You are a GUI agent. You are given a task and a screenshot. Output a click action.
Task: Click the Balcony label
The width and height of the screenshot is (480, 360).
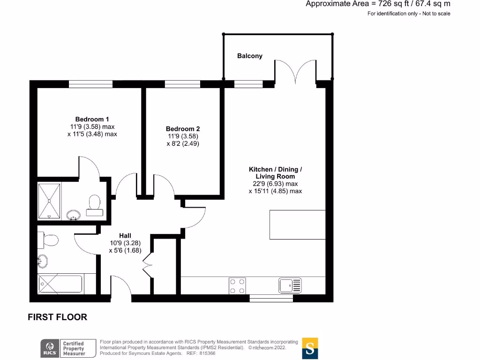coord(249,56)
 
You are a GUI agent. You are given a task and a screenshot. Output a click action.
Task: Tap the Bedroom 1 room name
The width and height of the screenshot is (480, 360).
coord(92,119)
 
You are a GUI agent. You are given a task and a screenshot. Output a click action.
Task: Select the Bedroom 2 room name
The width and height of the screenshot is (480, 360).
coord(183,129)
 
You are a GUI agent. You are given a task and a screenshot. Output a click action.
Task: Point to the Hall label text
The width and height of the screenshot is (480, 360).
coord(125,235)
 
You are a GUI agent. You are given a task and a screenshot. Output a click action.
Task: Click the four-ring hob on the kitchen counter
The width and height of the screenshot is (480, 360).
coord(237,286)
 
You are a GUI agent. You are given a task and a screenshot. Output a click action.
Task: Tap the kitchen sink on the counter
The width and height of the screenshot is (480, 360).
coord(290,285)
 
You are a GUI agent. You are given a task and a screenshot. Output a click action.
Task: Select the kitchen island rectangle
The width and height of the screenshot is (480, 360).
coord(297,225)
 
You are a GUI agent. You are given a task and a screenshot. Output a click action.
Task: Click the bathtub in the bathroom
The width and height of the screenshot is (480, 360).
coord(60,284)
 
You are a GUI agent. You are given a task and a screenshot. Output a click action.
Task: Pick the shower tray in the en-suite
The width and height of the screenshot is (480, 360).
coord(50,201)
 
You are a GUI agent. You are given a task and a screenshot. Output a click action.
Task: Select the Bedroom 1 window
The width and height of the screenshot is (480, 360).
coord(90,84)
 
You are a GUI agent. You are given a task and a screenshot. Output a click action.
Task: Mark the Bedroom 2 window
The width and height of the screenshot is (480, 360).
coord(182,84)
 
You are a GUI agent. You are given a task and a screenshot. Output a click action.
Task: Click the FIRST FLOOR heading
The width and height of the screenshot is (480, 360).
coord(57,317)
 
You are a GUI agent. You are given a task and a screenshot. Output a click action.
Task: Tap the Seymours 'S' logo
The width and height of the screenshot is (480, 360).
coord(310,348)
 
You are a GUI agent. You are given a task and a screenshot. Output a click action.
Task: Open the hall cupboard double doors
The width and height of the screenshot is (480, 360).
coord(150,265)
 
